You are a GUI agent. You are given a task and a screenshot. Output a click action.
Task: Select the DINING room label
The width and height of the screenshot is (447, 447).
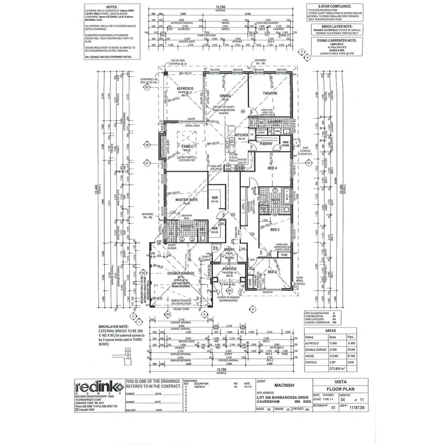pos(225,96)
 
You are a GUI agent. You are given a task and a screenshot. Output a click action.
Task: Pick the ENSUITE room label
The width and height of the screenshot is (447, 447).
pos(170,226)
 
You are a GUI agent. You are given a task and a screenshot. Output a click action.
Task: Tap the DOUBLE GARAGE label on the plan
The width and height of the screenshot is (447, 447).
pos(182,274)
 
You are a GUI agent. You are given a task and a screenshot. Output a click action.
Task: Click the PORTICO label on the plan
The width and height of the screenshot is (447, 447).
pos(231,269)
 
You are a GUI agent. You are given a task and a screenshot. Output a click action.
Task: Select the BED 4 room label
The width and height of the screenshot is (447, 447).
pos(273,169)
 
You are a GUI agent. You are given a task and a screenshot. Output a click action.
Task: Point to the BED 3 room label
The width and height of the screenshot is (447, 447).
pos(274,229)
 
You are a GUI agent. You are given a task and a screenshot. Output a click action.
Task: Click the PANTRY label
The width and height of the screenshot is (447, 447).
pos(266,144)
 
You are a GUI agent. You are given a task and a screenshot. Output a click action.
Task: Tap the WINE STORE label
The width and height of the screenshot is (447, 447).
pos(285,144)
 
